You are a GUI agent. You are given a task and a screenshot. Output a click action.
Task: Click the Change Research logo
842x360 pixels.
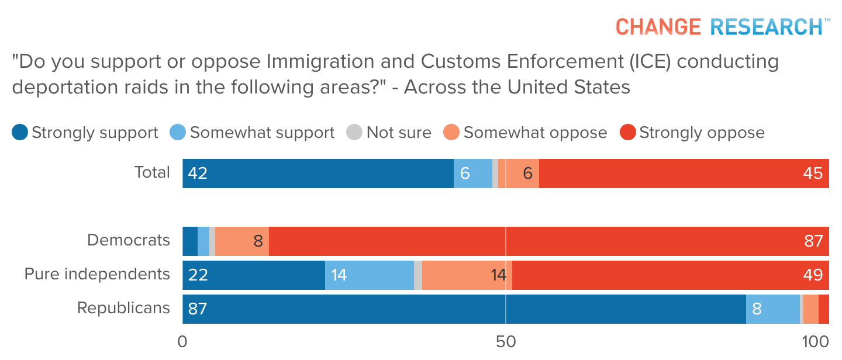[723, 26]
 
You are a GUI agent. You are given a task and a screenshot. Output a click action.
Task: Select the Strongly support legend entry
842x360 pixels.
[85, 133]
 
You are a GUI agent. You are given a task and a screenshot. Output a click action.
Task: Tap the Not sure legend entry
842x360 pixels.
[389, 133]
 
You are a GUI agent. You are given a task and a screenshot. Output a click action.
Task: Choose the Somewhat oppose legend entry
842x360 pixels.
[526, 133]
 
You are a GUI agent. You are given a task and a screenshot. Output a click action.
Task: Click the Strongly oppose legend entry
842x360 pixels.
[692, 133]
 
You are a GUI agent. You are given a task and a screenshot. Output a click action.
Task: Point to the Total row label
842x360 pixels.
[152, 172]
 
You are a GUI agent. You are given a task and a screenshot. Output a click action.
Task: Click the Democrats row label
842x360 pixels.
[129, 240]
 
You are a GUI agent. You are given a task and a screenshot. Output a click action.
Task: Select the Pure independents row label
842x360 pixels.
[97, 274]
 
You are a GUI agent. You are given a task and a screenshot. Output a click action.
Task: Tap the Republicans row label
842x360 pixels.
[123, 308]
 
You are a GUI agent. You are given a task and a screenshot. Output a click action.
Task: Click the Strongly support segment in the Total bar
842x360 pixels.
[318, 174]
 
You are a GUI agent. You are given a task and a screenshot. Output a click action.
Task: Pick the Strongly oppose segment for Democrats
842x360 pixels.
[548, 241]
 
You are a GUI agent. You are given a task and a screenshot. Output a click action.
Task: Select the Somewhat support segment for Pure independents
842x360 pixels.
[370, 275]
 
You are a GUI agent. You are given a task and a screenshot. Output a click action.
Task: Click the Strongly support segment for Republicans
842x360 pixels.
[464, 309]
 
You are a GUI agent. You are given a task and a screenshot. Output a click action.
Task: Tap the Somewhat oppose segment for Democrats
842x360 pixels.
[242, 241]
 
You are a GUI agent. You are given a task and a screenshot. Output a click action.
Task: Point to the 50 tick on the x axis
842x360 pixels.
[505, 342]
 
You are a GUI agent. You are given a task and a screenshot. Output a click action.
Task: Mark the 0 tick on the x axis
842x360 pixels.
[182, 342]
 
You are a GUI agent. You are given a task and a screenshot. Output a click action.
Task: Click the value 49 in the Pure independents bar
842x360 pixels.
[813, 275]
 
